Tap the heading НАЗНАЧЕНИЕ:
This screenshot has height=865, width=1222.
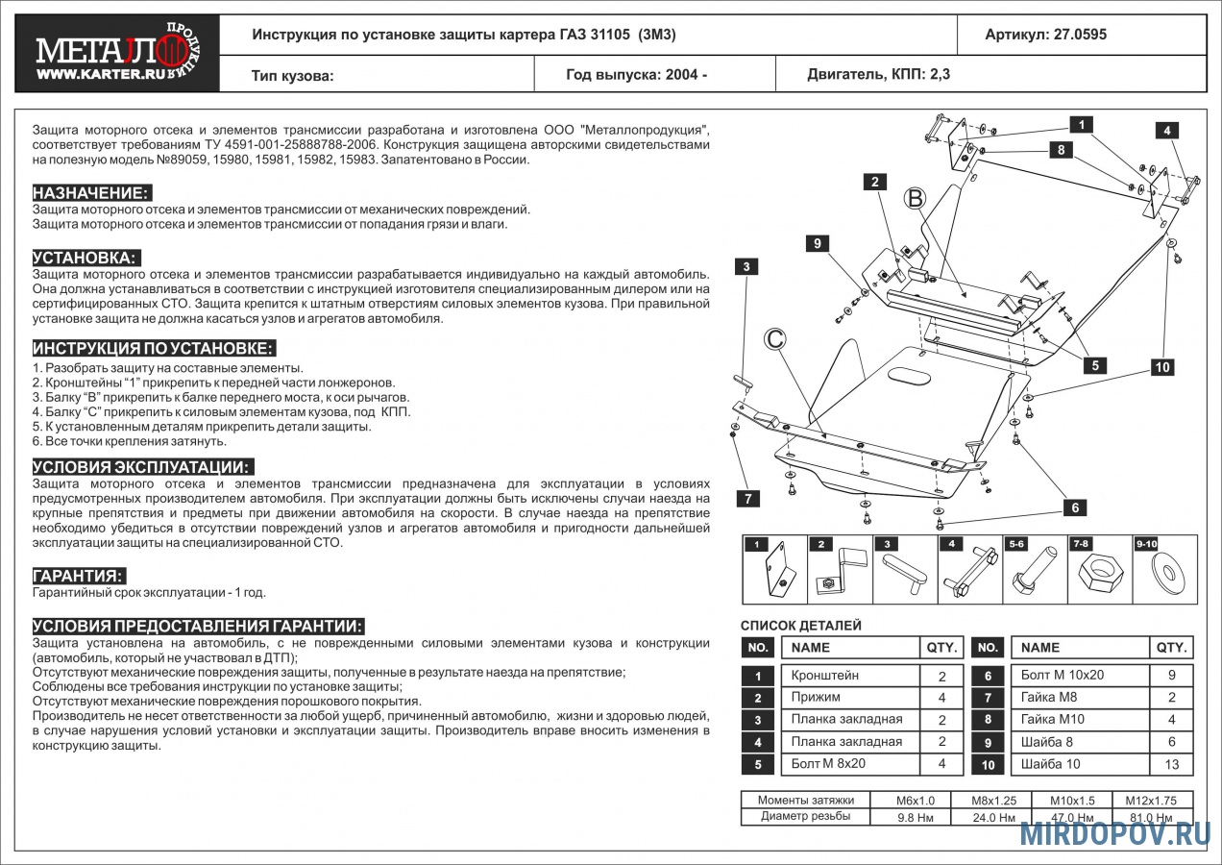[x=91, y=193]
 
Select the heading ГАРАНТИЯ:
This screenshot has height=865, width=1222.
[x=79, y=576]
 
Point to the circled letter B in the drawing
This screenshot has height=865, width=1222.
[x=916, y=198]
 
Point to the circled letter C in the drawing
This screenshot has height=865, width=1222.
[x=775, y=338]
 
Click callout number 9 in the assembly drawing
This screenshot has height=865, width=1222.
[x=817, y=244]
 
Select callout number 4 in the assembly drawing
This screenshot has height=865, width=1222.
[x=1166, y=131]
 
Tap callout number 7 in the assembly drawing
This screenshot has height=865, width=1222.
[x=747, y=498]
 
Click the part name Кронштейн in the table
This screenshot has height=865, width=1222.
[x=824, y=676]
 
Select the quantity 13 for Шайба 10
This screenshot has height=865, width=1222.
[x=1171, y=765]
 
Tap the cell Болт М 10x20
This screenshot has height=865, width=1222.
[x=1062, y=676]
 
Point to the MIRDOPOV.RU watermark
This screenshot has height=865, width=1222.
[x=1114, y=833]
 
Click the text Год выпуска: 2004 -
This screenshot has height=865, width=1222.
[x=636, y=74]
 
